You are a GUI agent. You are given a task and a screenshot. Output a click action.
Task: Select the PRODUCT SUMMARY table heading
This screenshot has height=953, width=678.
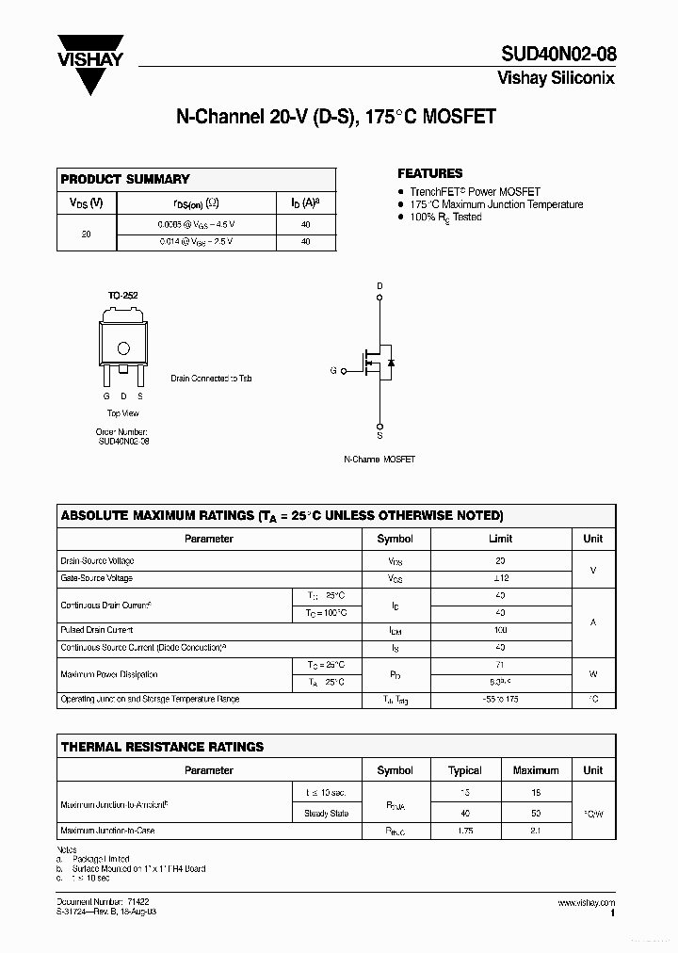(125, 179)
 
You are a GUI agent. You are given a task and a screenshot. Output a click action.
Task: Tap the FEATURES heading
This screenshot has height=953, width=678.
(429, 173)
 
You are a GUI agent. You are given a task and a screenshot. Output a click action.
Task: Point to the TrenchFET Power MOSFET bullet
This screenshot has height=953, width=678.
(475, 191)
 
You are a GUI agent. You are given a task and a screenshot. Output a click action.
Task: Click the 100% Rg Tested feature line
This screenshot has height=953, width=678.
(445, 217)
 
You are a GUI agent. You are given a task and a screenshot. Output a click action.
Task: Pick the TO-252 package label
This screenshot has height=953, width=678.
(122, 296)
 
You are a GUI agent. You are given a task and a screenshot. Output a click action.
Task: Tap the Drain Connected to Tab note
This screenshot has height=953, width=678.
(211, 379)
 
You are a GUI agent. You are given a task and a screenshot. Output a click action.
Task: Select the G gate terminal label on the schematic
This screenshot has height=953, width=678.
(332, 371)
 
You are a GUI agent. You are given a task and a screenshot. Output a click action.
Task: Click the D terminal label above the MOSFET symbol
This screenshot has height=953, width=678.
(380, 285)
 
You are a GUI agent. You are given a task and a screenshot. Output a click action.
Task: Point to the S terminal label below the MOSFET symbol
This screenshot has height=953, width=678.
(380, 436)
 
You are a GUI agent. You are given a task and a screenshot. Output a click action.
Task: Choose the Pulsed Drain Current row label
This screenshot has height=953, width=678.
(97, 630)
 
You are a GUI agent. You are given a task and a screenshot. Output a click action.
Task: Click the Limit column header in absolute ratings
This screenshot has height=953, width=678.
(500, 539)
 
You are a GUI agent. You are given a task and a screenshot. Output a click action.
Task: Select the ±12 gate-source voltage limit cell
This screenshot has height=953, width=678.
(500, 578)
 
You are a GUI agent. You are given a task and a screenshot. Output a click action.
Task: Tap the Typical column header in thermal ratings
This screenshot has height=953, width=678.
(464, 770)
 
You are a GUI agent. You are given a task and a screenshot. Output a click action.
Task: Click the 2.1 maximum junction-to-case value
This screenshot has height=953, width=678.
(536, 831)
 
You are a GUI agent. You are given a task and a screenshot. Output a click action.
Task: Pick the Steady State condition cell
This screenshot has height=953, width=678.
(326, 814)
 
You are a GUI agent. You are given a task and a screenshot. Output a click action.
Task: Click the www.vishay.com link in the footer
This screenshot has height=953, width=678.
(586, 903)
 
